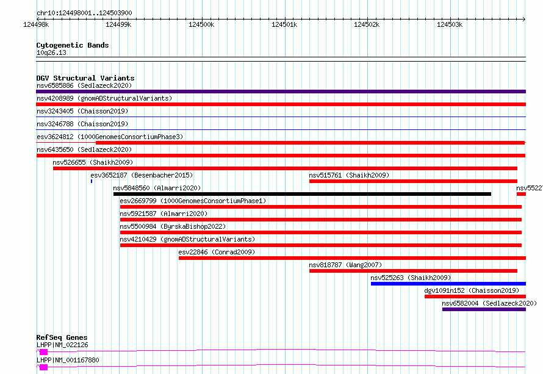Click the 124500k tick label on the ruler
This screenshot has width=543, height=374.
click(201, 24)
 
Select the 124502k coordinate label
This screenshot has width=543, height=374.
click(367, 24)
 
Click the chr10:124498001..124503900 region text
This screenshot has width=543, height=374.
click(84, 13)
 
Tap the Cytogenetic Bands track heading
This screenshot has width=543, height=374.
click(73, 45)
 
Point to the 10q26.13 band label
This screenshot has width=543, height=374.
click(51, 52)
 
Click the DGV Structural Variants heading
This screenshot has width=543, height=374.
click(85, 78)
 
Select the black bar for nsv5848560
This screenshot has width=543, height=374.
click(303, 194)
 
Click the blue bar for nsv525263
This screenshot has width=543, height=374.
click(448, 284)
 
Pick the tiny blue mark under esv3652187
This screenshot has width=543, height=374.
click(92, 181)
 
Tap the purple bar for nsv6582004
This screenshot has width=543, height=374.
click(484, 309)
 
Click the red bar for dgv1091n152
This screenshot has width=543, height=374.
click(475, 297)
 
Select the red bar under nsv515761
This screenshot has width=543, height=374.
click(414, 181)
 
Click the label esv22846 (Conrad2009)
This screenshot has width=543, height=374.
click(217, 252)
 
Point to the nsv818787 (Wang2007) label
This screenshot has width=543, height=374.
click(345, 265)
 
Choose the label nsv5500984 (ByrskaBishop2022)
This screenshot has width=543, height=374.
click(173, 226)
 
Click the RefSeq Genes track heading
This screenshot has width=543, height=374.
click(62, 337)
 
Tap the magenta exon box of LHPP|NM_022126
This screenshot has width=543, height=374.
click(44, 352)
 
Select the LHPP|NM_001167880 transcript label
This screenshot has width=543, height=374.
click(68, 360)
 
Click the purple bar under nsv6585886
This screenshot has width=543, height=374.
click(281, 92)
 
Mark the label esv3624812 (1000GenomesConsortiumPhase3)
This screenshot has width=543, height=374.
click(110, 137)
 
